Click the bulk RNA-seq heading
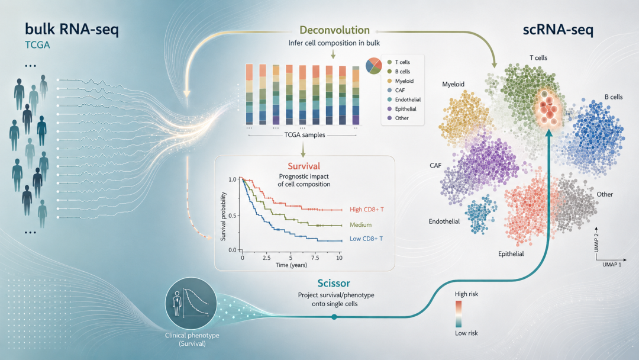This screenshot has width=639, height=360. click(72, 30)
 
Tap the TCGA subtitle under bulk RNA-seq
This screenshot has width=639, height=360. click(37, 45)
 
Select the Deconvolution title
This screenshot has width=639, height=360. click(334, 30)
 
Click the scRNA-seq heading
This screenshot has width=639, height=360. click(558, 30)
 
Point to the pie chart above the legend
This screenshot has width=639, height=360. click(374, 66)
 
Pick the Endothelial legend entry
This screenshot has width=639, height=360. click(404, 99)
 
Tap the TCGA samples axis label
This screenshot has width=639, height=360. click(305, 135)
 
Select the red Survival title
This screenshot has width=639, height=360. click(304, 166)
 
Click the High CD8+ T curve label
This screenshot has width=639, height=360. click(367, 210)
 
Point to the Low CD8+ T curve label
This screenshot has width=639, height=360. click(366, 239)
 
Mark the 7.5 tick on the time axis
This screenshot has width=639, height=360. click(315, 258)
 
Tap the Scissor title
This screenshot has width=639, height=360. click(334, 283)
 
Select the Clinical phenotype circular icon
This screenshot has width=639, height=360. click(191, 303)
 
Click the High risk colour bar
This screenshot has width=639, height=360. click(459, 314)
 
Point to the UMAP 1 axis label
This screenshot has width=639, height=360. click(612, 265)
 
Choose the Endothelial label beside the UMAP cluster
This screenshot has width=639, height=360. click(444, 221)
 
